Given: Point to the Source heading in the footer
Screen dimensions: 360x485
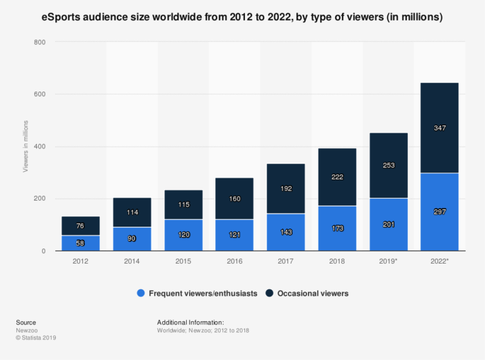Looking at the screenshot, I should tap(25, 322).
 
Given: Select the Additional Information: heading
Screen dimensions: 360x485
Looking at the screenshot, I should tap(190, 322).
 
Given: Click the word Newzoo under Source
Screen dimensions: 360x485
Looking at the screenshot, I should tap(25, 330).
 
